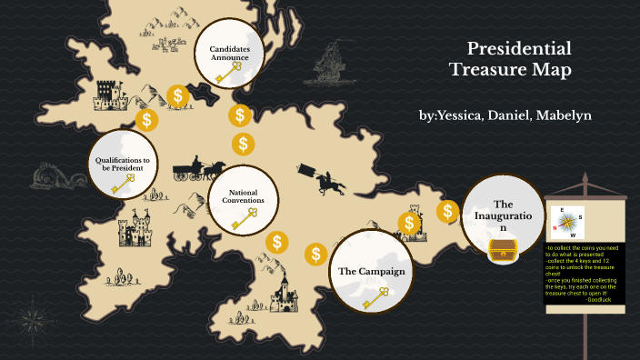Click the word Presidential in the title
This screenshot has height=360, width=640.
coord(519,49)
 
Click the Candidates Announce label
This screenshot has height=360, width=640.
coord(229,53)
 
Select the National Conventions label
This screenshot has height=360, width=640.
coord(246,196)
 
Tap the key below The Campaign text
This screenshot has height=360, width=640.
coord(375,296)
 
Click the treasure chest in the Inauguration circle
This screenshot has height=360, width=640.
coord(502,250)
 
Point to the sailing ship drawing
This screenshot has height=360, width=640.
coord(330,67)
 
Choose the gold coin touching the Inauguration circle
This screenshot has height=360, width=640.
coord(447,212)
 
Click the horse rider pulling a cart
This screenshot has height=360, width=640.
coord(320,180)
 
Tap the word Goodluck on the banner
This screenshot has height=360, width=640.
coord(600,299)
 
